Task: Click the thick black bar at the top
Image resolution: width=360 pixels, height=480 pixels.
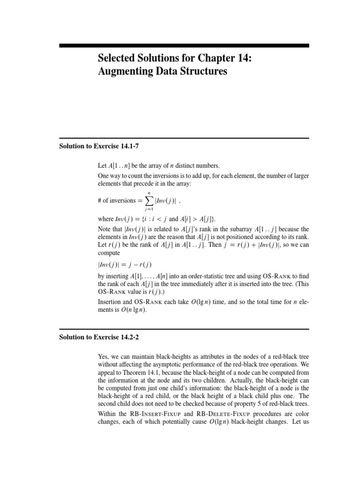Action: point(184,45)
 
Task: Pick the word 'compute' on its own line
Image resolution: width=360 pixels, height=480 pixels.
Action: point(108,253)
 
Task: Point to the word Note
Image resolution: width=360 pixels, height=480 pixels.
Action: point(105,229)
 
